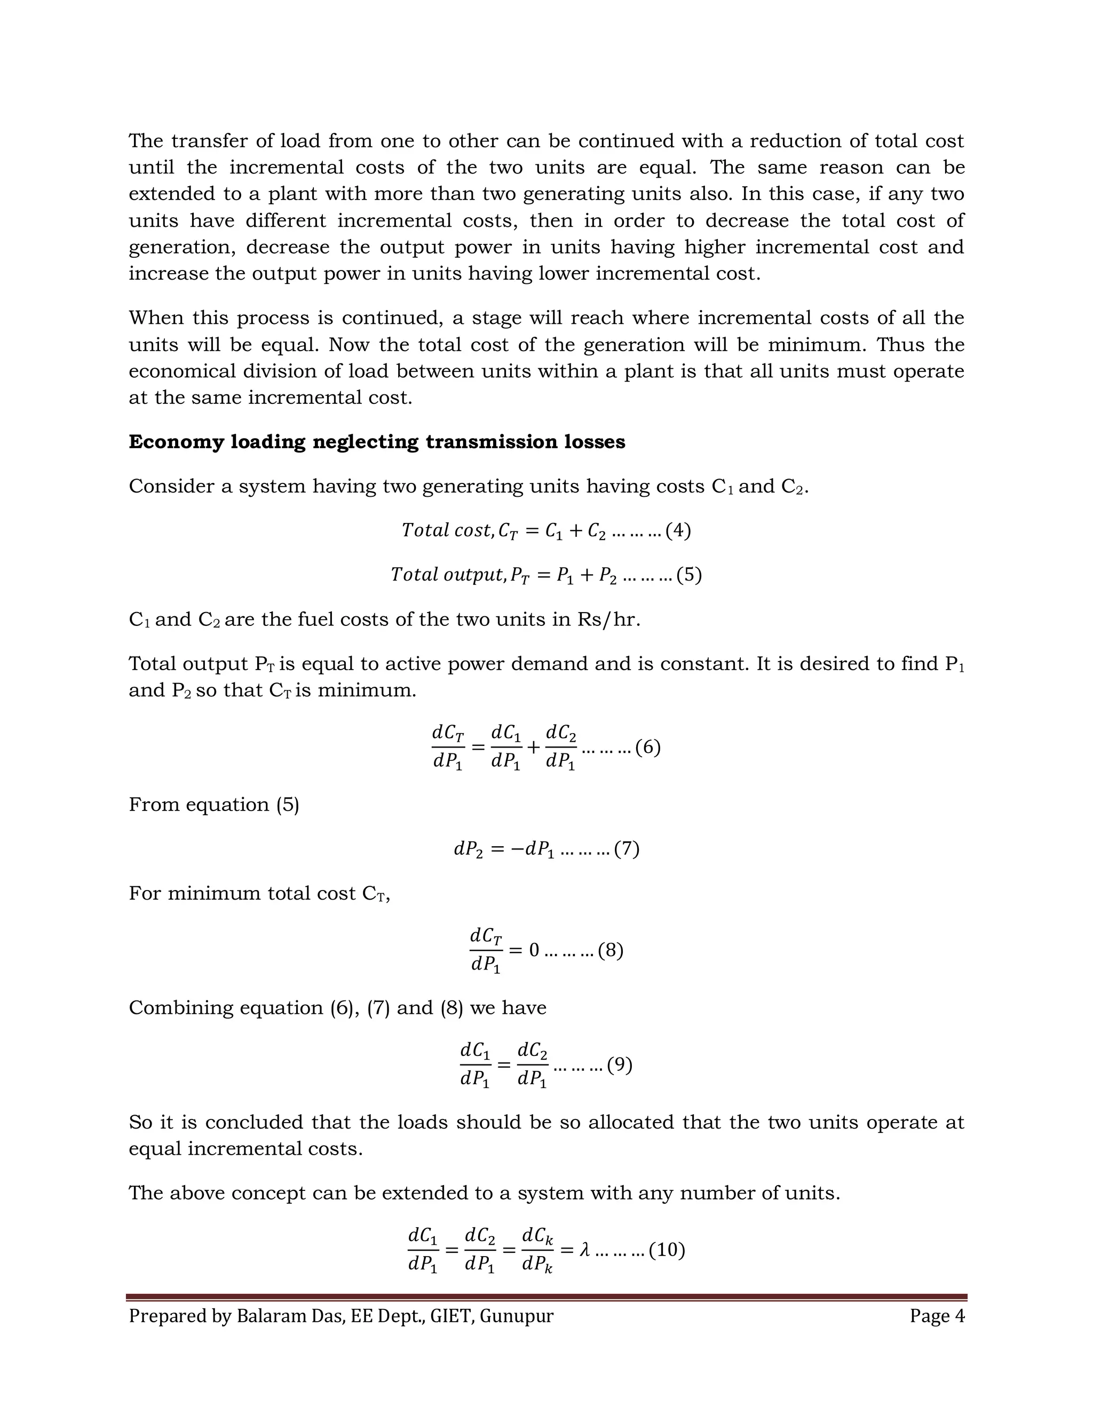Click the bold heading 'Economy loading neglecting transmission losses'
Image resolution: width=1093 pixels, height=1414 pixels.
coord(377,442)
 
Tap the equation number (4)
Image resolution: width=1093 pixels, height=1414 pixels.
coord(678,531)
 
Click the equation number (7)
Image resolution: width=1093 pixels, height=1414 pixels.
coord(627,849)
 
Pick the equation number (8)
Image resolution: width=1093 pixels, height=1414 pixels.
coord(611,950)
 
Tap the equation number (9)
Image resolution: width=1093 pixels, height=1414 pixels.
coord(620,1065)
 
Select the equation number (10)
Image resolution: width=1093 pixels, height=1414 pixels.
coord(667,1250)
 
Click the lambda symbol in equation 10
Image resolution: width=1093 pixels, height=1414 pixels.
coord(585,1250)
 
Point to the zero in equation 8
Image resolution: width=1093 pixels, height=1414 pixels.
coord(534,950)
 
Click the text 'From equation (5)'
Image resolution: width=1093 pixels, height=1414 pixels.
coord(213,805)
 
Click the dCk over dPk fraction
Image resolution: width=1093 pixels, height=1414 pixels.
coord(537,1250)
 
